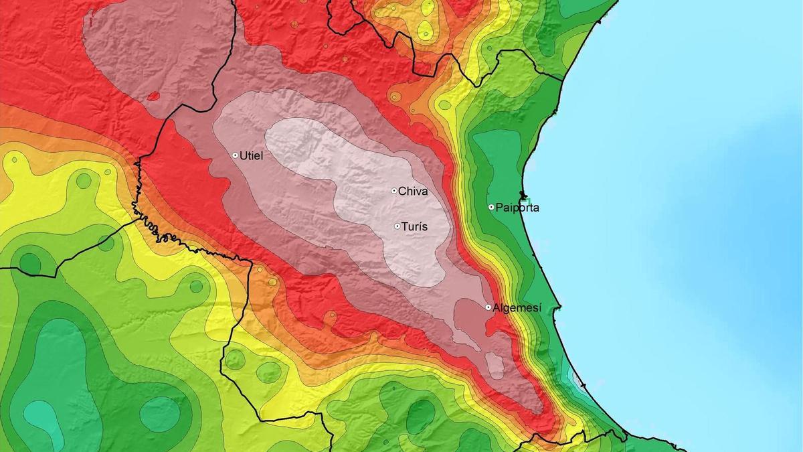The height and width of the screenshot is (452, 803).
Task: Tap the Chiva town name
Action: point(412,192)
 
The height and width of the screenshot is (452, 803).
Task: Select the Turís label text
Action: point(415,227)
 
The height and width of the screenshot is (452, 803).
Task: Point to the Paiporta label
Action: point(517,208)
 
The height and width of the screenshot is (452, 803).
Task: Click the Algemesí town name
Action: point(516,308)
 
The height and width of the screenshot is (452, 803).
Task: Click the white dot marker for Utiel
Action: point(236,155)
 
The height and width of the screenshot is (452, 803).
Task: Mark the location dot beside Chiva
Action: point(394,191)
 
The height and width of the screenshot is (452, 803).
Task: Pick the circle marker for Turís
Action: point(397,226)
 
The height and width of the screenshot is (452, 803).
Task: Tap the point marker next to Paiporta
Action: point(491,208)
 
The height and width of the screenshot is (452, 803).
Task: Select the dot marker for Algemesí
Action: point(488,307)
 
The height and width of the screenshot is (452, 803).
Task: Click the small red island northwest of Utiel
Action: point(153,96)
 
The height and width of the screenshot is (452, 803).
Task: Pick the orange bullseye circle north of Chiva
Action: point(395,97)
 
